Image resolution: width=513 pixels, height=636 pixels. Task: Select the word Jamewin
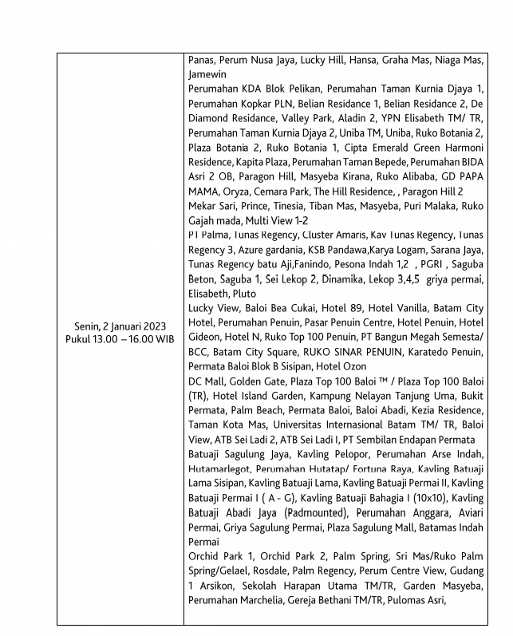coord(207,74)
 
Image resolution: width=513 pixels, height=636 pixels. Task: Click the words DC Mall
coord(209,381)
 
